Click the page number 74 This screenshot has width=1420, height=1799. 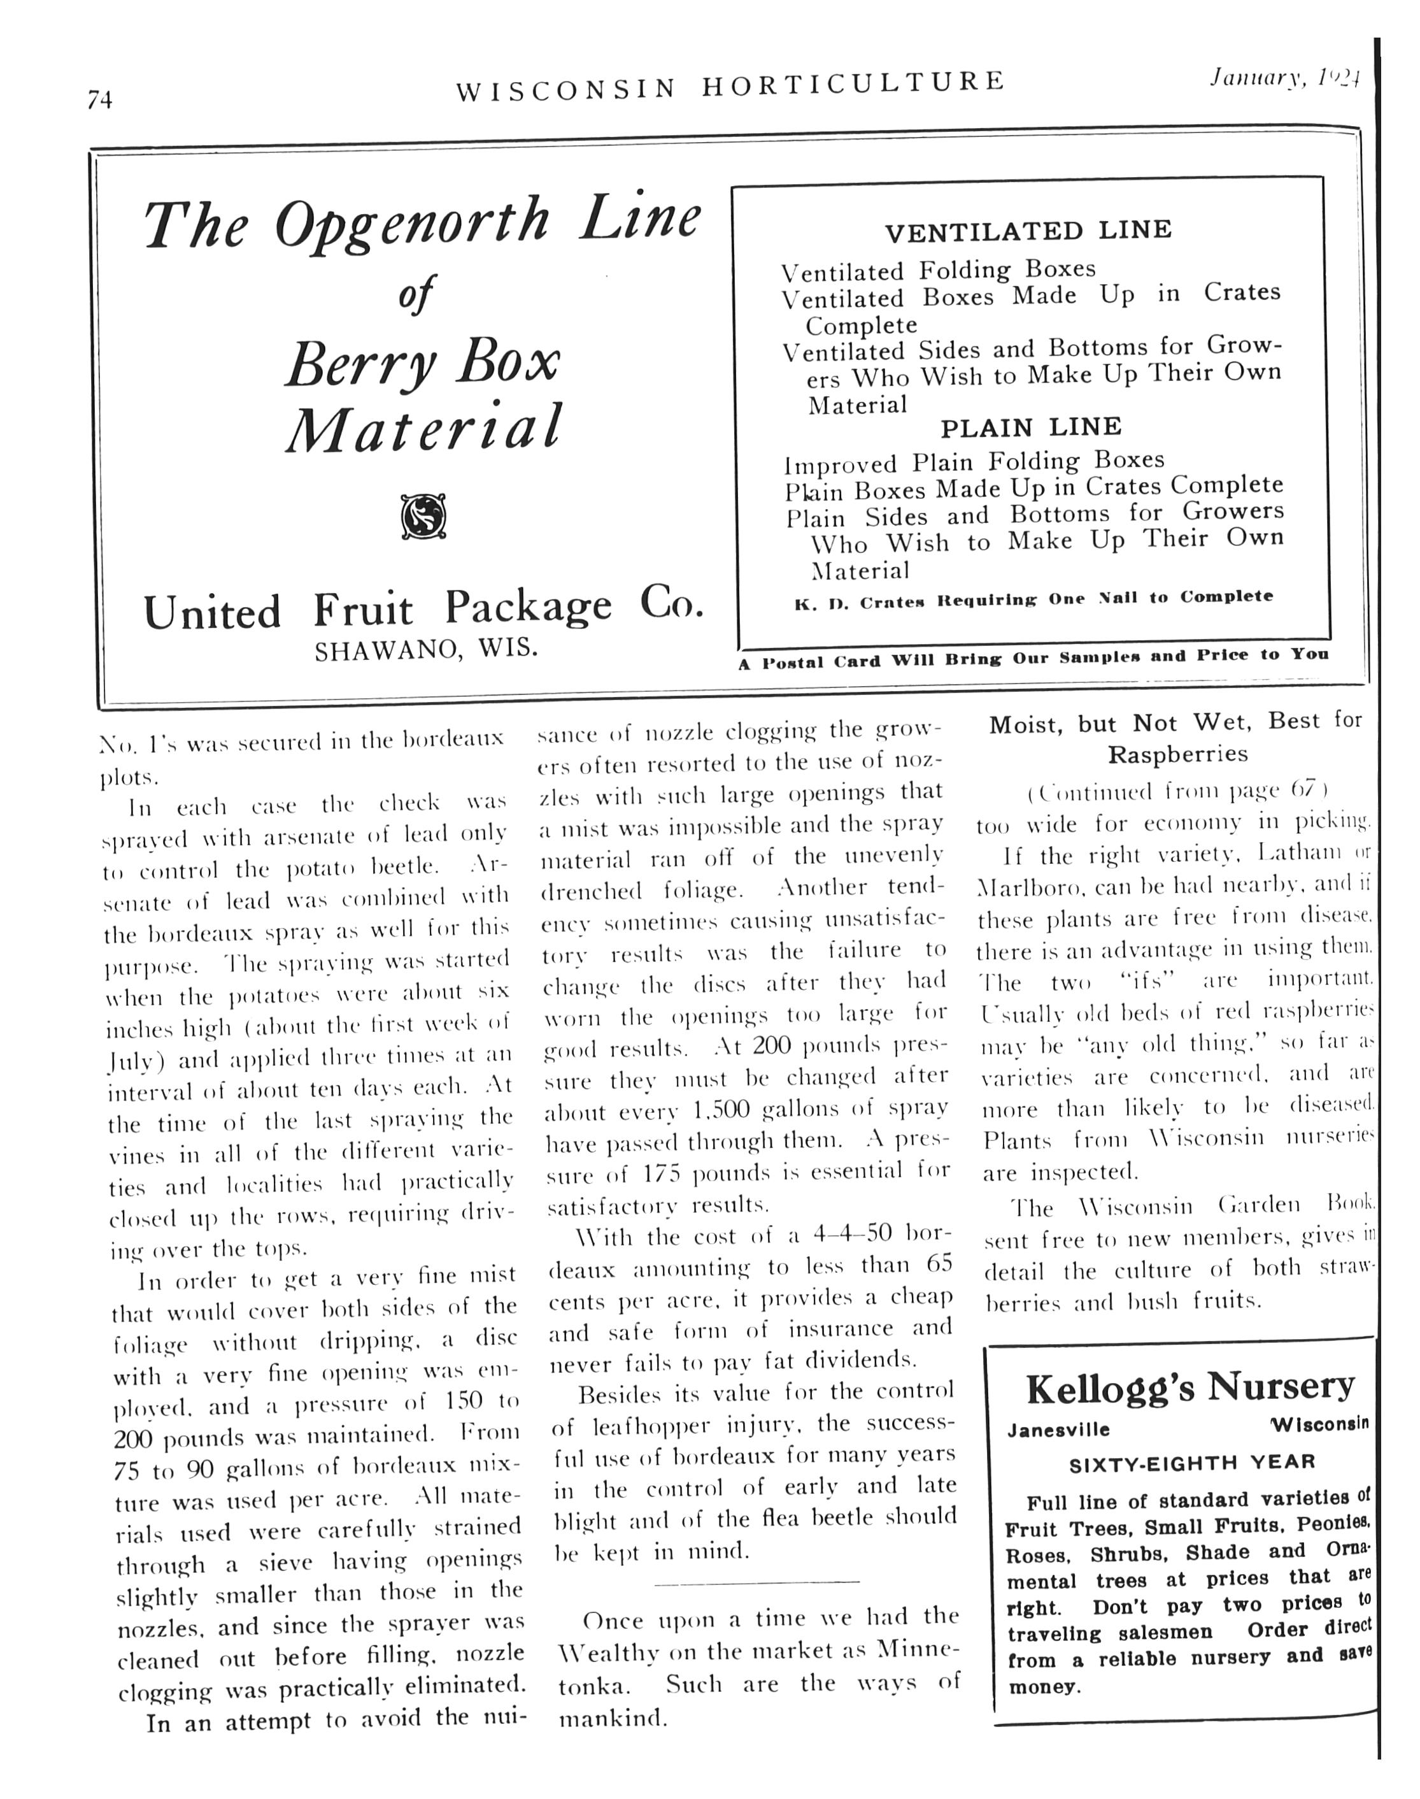coord(100,100)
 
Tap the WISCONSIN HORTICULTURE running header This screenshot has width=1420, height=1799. coord(730,84)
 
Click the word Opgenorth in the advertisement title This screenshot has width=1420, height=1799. coord(413,223)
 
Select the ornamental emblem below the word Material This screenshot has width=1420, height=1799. coord(423,517)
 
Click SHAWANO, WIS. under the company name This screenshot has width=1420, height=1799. coord(425,649)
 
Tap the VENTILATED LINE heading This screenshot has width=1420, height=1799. coord(1028,231)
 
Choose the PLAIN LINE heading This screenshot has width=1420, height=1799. coord(1031,427)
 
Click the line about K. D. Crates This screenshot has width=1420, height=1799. coord(1033,599)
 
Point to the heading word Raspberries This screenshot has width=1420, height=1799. coord(1177,754)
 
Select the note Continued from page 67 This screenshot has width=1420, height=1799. coord(1177,790)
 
